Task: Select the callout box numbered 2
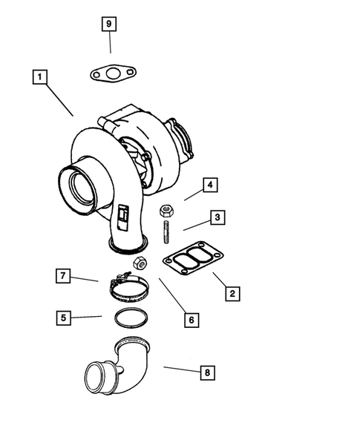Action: [232, 294]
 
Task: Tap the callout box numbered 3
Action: [217, 217]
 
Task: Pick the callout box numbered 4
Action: [210, 185]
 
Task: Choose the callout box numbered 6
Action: [191, 320]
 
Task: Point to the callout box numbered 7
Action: [64, 276]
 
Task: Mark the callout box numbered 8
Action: [209, 372]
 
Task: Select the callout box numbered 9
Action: [109, 24]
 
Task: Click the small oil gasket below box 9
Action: [112, 73]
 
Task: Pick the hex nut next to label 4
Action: [167, 209]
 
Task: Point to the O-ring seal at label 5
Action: [130, 317]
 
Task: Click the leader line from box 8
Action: [180, 369]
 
